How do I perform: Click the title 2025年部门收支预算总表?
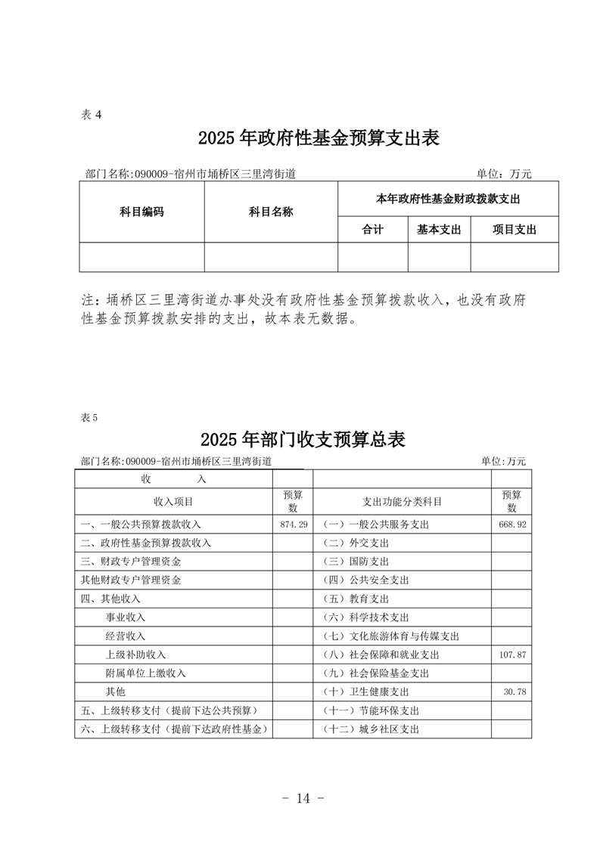[303, 439]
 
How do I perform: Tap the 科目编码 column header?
[141, 212]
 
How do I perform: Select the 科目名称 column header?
[271, 212]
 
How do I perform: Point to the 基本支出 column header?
[439, 230]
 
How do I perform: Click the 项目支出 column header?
[515, 230]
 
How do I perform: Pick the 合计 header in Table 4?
[373, 230]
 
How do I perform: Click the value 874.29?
[293, 524]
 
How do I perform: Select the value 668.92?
[512, 524]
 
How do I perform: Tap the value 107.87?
[512, 655]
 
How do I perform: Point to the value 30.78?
[515, 692]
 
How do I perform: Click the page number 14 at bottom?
[301, 798]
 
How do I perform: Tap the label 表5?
[89, 417]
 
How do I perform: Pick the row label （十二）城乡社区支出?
[370, 729]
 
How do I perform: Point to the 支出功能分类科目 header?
[402, 501]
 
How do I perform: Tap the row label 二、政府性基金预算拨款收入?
[146, 543]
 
